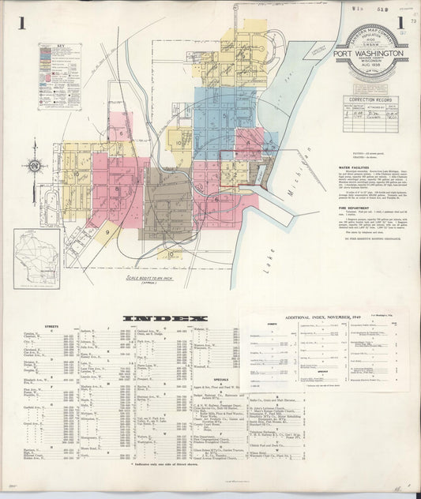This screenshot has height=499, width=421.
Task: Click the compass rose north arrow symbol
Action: click(35, 166)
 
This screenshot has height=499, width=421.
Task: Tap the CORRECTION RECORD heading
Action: click(370, 100)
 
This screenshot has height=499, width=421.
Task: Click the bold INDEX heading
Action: click(156, 317)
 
